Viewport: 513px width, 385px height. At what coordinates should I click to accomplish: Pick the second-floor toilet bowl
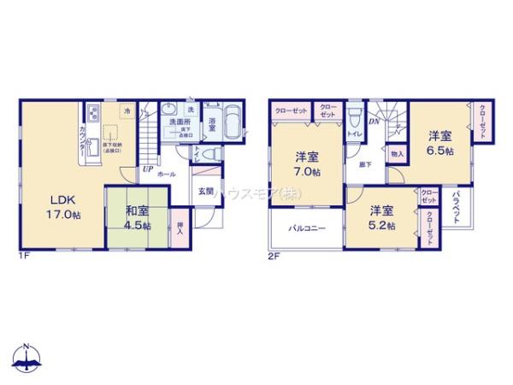[354, 120]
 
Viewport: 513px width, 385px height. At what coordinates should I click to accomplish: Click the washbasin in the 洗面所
[168, 111]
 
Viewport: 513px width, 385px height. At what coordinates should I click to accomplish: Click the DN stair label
[374, 121]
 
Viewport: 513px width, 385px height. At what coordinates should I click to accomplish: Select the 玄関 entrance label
[206, 191]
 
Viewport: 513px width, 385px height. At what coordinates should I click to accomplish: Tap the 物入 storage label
[397, 154]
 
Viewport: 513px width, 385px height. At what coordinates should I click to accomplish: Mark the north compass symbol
[27, 360]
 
